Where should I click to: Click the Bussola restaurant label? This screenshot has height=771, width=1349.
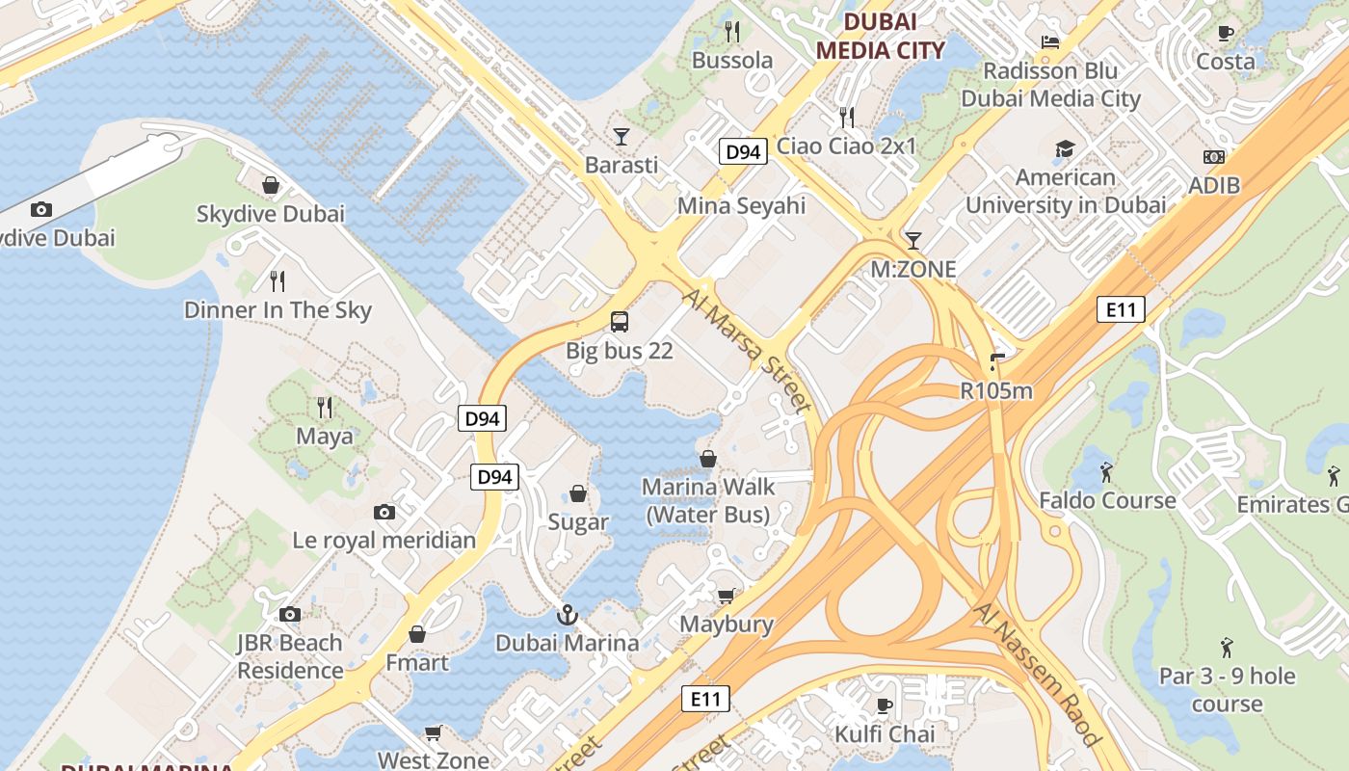coord(732,61)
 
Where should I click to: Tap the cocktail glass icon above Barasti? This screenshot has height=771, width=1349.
coord(622,136)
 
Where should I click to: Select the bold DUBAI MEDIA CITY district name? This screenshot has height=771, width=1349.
coord(880,36)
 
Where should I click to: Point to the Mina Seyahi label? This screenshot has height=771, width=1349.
coord(741,205)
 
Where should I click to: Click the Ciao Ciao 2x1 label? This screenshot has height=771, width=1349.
coord(846,146)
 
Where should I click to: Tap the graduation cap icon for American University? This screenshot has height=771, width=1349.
coord(1065,148)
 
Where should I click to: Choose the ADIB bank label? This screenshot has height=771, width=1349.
coord(1214,185)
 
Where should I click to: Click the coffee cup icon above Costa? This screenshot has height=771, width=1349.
coord(1225,33)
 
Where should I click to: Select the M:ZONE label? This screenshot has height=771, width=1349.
coord(913,270)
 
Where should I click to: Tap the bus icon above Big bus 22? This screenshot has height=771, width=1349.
coord(620,322)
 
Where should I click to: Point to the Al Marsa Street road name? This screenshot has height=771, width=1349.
coord(746,351)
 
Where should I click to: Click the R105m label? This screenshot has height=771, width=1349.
coord(996,390)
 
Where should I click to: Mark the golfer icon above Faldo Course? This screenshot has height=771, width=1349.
coord(1106,472)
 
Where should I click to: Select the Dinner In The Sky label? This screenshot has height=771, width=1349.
coord(278,310)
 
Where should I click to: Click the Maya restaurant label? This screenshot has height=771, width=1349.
coord(324,437)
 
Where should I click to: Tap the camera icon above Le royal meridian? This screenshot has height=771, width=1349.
coord(384,512)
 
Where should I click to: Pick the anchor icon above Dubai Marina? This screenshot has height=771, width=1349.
coord(568,614)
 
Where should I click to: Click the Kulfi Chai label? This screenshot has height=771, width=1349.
coord(885,734)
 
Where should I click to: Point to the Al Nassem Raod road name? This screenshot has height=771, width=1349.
coord(1037,675)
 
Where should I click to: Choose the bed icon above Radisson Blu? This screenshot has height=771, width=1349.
coord(1050,41)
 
